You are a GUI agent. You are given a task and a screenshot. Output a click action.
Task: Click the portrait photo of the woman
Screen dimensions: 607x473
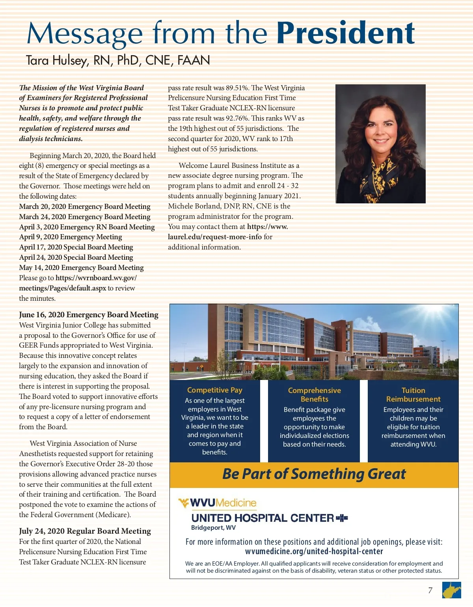380,143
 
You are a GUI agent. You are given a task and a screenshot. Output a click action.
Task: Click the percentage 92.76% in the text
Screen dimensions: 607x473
237,118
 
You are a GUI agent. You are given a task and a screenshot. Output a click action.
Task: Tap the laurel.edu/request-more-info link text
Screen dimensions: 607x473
215,237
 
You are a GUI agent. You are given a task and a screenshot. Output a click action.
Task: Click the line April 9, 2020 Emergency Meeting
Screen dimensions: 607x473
71,237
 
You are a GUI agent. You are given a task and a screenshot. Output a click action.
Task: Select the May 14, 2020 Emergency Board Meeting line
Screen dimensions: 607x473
81,268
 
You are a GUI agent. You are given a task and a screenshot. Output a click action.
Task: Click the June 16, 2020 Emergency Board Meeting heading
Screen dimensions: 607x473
89,315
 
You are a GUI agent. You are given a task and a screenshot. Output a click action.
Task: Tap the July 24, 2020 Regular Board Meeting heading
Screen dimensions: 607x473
85,531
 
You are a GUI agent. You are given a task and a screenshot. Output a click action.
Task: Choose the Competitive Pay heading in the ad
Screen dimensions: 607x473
215,390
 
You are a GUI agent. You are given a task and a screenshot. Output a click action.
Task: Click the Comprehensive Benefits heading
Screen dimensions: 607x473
314,395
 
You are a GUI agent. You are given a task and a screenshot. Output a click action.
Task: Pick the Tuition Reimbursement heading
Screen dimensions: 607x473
413,395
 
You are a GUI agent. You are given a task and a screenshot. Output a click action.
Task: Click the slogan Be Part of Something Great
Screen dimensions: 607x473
314,474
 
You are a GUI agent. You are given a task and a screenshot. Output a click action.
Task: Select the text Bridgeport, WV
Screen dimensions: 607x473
213,528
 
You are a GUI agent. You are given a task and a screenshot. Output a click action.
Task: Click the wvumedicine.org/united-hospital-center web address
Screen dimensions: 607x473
314,551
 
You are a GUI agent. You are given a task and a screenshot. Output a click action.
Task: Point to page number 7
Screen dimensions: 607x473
430,590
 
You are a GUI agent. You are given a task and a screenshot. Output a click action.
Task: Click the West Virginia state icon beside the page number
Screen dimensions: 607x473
451,590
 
